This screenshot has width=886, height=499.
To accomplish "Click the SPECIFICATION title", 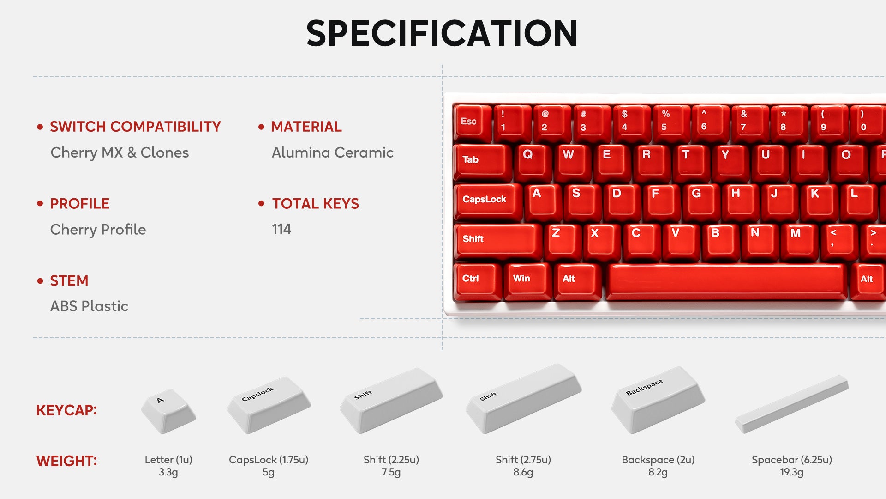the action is coord(442,33).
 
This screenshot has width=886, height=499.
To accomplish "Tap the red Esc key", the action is coord(472,122).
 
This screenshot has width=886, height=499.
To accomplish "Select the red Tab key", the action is coord(482,162).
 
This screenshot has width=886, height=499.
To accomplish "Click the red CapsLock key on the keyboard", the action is coord(488,201).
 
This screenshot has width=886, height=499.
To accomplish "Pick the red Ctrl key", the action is coord(478,281).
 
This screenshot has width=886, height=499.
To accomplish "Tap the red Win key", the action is coord(527,281).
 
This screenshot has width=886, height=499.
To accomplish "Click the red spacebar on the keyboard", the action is coord(726,281).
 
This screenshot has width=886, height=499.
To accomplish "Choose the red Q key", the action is coord(533,162).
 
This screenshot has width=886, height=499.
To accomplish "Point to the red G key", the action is coord(700,201).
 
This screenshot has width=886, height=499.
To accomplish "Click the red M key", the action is coord(800,241).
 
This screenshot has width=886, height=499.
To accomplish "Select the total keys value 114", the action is coord(281,229).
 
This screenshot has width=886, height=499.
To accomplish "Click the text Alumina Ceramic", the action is coord(333,152).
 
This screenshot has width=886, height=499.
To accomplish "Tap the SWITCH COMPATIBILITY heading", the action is coord(135,127).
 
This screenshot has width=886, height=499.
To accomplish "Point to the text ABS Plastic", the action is coord(89,306).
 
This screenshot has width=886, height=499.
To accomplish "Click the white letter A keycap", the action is coord(168,410).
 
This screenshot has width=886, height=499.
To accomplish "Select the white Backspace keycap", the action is coord(658,400).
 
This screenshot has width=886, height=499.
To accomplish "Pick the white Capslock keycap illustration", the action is coord(269,405).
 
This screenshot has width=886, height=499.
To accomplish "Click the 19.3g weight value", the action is coord(792,472).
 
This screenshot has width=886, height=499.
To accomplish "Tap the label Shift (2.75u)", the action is coord(523,460).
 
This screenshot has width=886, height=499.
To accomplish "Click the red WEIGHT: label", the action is coord(66,461).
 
